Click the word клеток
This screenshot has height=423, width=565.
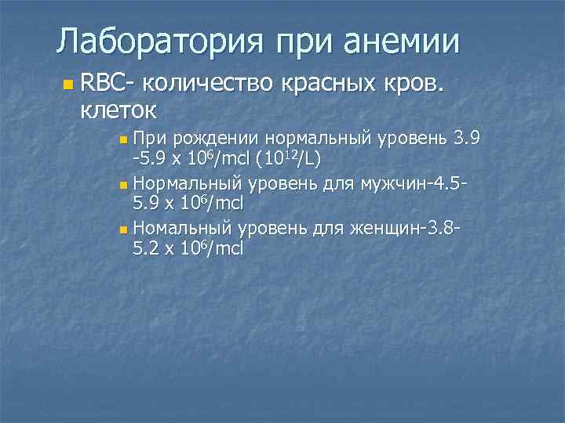point(118,108)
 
